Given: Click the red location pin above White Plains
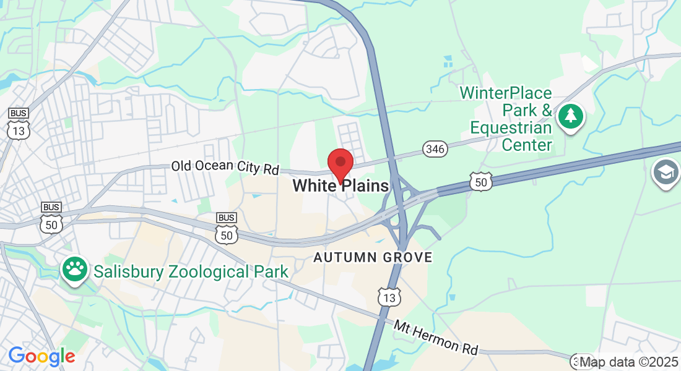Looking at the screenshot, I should pos(340,163).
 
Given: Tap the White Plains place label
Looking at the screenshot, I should pos(340,185).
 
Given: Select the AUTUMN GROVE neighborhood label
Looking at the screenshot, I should pos(373,257).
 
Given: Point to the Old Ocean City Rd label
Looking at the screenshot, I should pos(225,167).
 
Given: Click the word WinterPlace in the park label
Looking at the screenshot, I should pos(505,93).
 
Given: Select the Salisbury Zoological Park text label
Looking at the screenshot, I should pos(191,271).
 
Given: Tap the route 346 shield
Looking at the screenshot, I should pos(435,148).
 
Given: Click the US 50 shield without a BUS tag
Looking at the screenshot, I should pos(480,181).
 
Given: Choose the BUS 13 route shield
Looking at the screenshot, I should pos(17,123).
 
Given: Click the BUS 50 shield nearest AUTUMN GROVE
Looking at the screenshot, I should pos(227,228).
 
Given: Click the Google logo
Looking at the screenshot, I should pos(41,356).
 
